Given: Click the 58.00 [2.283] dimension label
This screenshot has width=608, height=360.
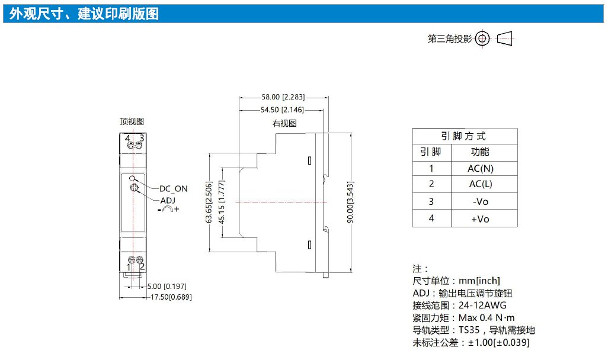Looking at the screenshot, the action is [283, 97].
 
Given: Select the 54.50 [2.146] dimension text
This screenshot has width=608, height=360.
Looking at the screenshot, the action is [282, 110].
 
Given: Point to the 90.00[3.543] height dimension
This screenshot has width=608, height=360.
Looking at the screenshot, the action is [350, 202].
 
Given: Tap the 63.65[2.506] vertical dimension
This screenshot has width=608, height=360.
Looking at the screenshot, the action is [209, 202].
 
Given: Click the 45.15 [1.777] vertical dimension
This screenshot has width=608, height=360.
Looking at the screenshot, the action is [222, 202].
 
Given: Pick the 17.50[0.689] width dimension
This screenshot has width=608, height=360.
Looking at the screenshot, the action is [171, 297].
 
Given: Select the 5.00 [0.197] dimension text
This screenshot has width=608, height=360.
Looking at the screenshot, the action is [167, 287].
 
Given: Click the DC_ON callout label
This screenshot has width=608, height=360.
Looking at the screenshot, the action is [174, 189].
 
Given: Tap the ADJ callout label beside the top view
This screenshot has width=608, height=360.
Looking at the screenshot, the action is [168, 200].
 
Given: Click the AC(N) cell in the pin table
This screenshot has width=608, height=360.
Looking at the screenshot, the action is [481, 169].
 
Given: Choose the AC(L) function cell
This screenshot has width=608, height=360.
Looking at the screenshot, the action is [481, 184].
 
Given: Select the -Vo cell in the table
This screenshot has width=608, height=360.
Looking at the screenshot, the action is [481, 201].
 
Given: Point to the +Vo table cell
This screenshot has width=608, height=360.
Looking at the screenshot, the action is [481, 219].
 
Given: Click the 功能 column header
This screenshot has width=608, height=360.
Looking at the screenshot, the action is [480, 152].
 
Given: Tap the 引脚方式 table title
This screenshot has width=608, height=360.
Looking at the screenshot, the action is [463, 136].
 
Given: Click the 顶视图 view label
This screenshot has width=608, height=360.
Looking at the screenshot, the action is [132, 121].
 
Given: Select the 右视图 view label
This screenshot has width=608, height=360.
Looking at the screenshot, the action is [284, 123].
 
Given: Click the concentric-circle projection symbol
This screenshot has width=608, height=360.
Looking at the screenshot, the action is [482, 38].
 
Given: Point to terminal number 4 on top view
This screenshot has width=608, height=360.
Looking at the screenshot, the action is [127, 139].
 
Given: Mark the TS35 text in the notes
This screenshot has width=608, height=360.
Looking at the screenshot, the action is [469, 330].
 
